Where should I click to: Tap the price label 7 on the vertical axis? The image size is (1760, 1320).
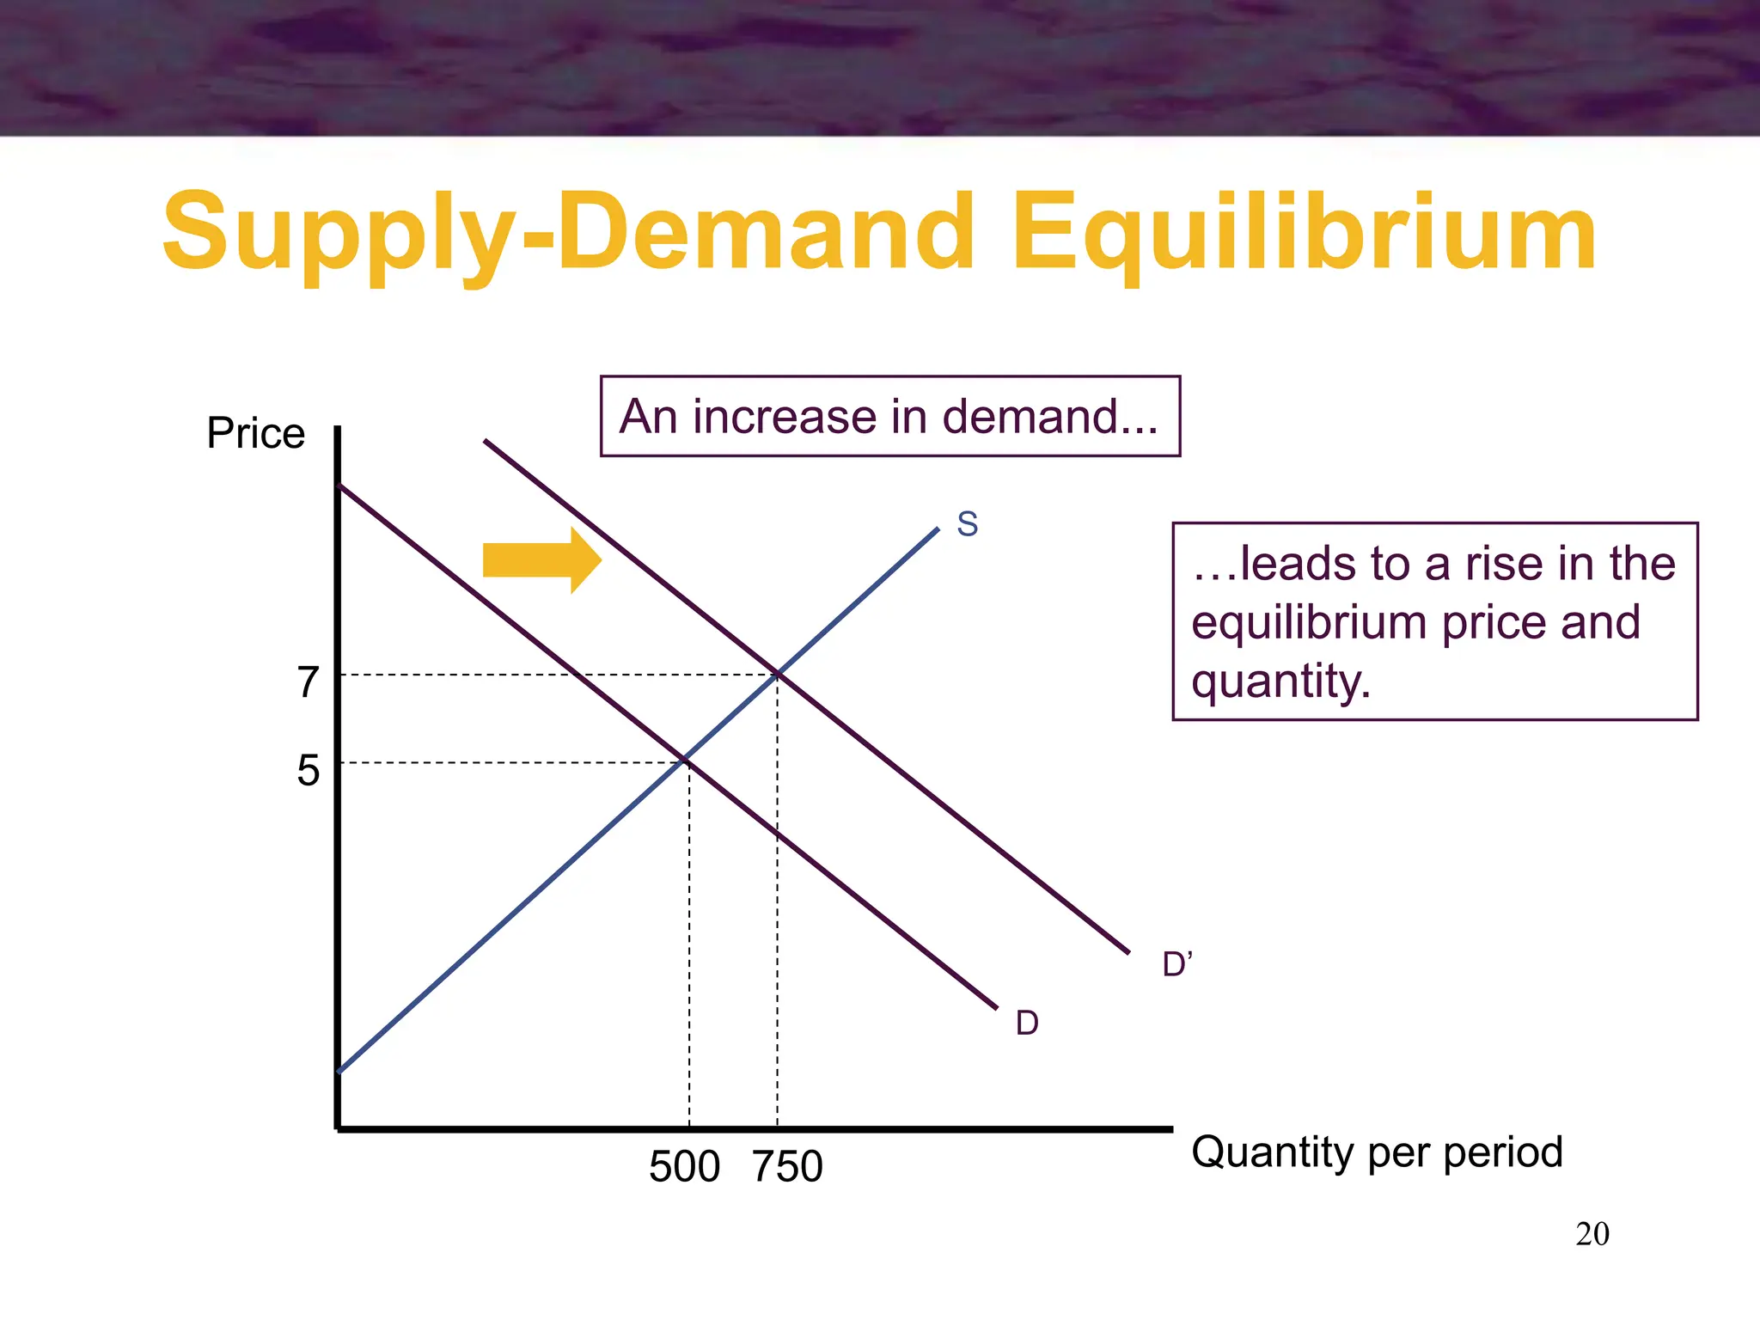(x=308, y=682)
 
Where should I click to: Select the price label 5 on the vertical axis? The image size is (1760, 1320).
(x=308, y=770)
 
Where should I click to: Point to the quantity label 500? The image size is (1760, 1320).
(x=684, y=1167)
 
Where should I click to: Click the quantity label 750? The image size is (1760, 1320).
(x=787, y=1167)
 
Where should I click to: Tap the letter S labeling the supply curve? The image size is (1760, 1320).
(x=968, y=524)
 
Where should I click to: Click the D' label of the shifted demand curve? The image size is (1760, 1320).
(x=1176, y=965)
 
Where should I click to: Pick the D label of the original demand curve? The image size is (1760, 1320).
(x=1027, y=1024)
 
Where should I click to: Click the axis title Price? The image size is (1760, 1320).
(x=255, y=433)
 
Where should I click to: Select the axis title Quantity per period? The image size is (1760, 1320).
(x=1377, y=1152)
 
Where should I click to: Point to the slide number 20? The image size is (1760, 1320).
(x=1592, y=1234)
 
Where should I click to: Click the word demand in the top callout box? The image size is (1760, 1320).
(x=1050, y=417)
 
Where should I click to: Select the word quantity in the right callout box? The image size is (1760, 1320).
(x=1280, y=681)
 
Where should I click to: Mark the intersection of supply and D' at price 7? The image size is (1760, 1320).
(x=778, y=675)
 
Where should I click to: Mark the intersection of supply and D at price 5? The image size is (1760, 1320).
(x=687, y=761)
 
